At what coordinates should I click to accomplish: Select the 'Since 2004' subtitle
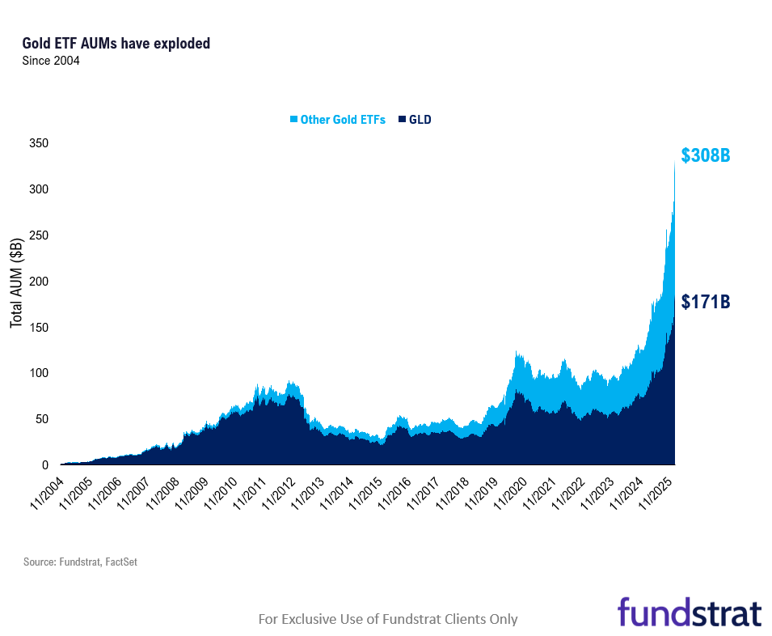[51, 61]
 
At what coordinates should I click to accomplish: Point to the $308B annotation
[705, 155]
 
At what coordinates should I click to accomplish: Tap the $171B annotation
[705, 302]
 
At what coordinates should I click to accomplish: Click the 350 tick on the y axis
[39, 144]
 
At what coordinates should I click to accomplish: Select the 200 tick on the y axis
[39, 282]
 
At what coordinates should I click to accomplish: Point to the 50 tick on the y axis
[42, 419]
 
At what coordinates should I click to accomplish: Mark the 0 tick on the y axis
[45, 465]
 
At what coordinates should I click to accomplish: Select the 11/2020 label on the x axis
[512, 490]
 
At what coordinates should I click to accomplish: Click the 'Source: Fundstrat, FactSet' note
[80, 562]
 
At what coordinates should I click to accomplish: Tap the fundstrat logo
[689, 612]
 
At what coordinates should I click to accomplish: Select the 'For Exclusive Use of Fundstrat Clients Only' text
[387, 619]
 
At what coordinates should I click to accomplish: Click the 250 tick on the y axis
[39, 235]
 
